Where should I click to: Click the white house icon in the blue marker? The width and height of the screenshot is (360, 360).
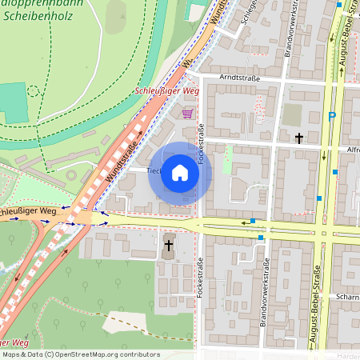point(180,173)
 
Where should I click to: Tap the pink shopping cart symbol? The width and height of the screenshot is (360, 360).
point(187,114)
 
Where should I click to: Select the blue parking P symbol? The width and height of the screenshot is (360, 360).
point(332,118)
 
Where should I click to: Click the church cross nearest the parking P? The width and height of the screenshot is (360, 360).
point(299,138)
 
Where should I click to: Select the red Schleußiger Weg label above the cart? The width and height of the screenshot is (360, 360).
point(167,92)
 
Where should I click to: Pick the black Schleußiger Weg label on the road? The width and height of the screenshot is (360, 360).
point(26,211)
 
